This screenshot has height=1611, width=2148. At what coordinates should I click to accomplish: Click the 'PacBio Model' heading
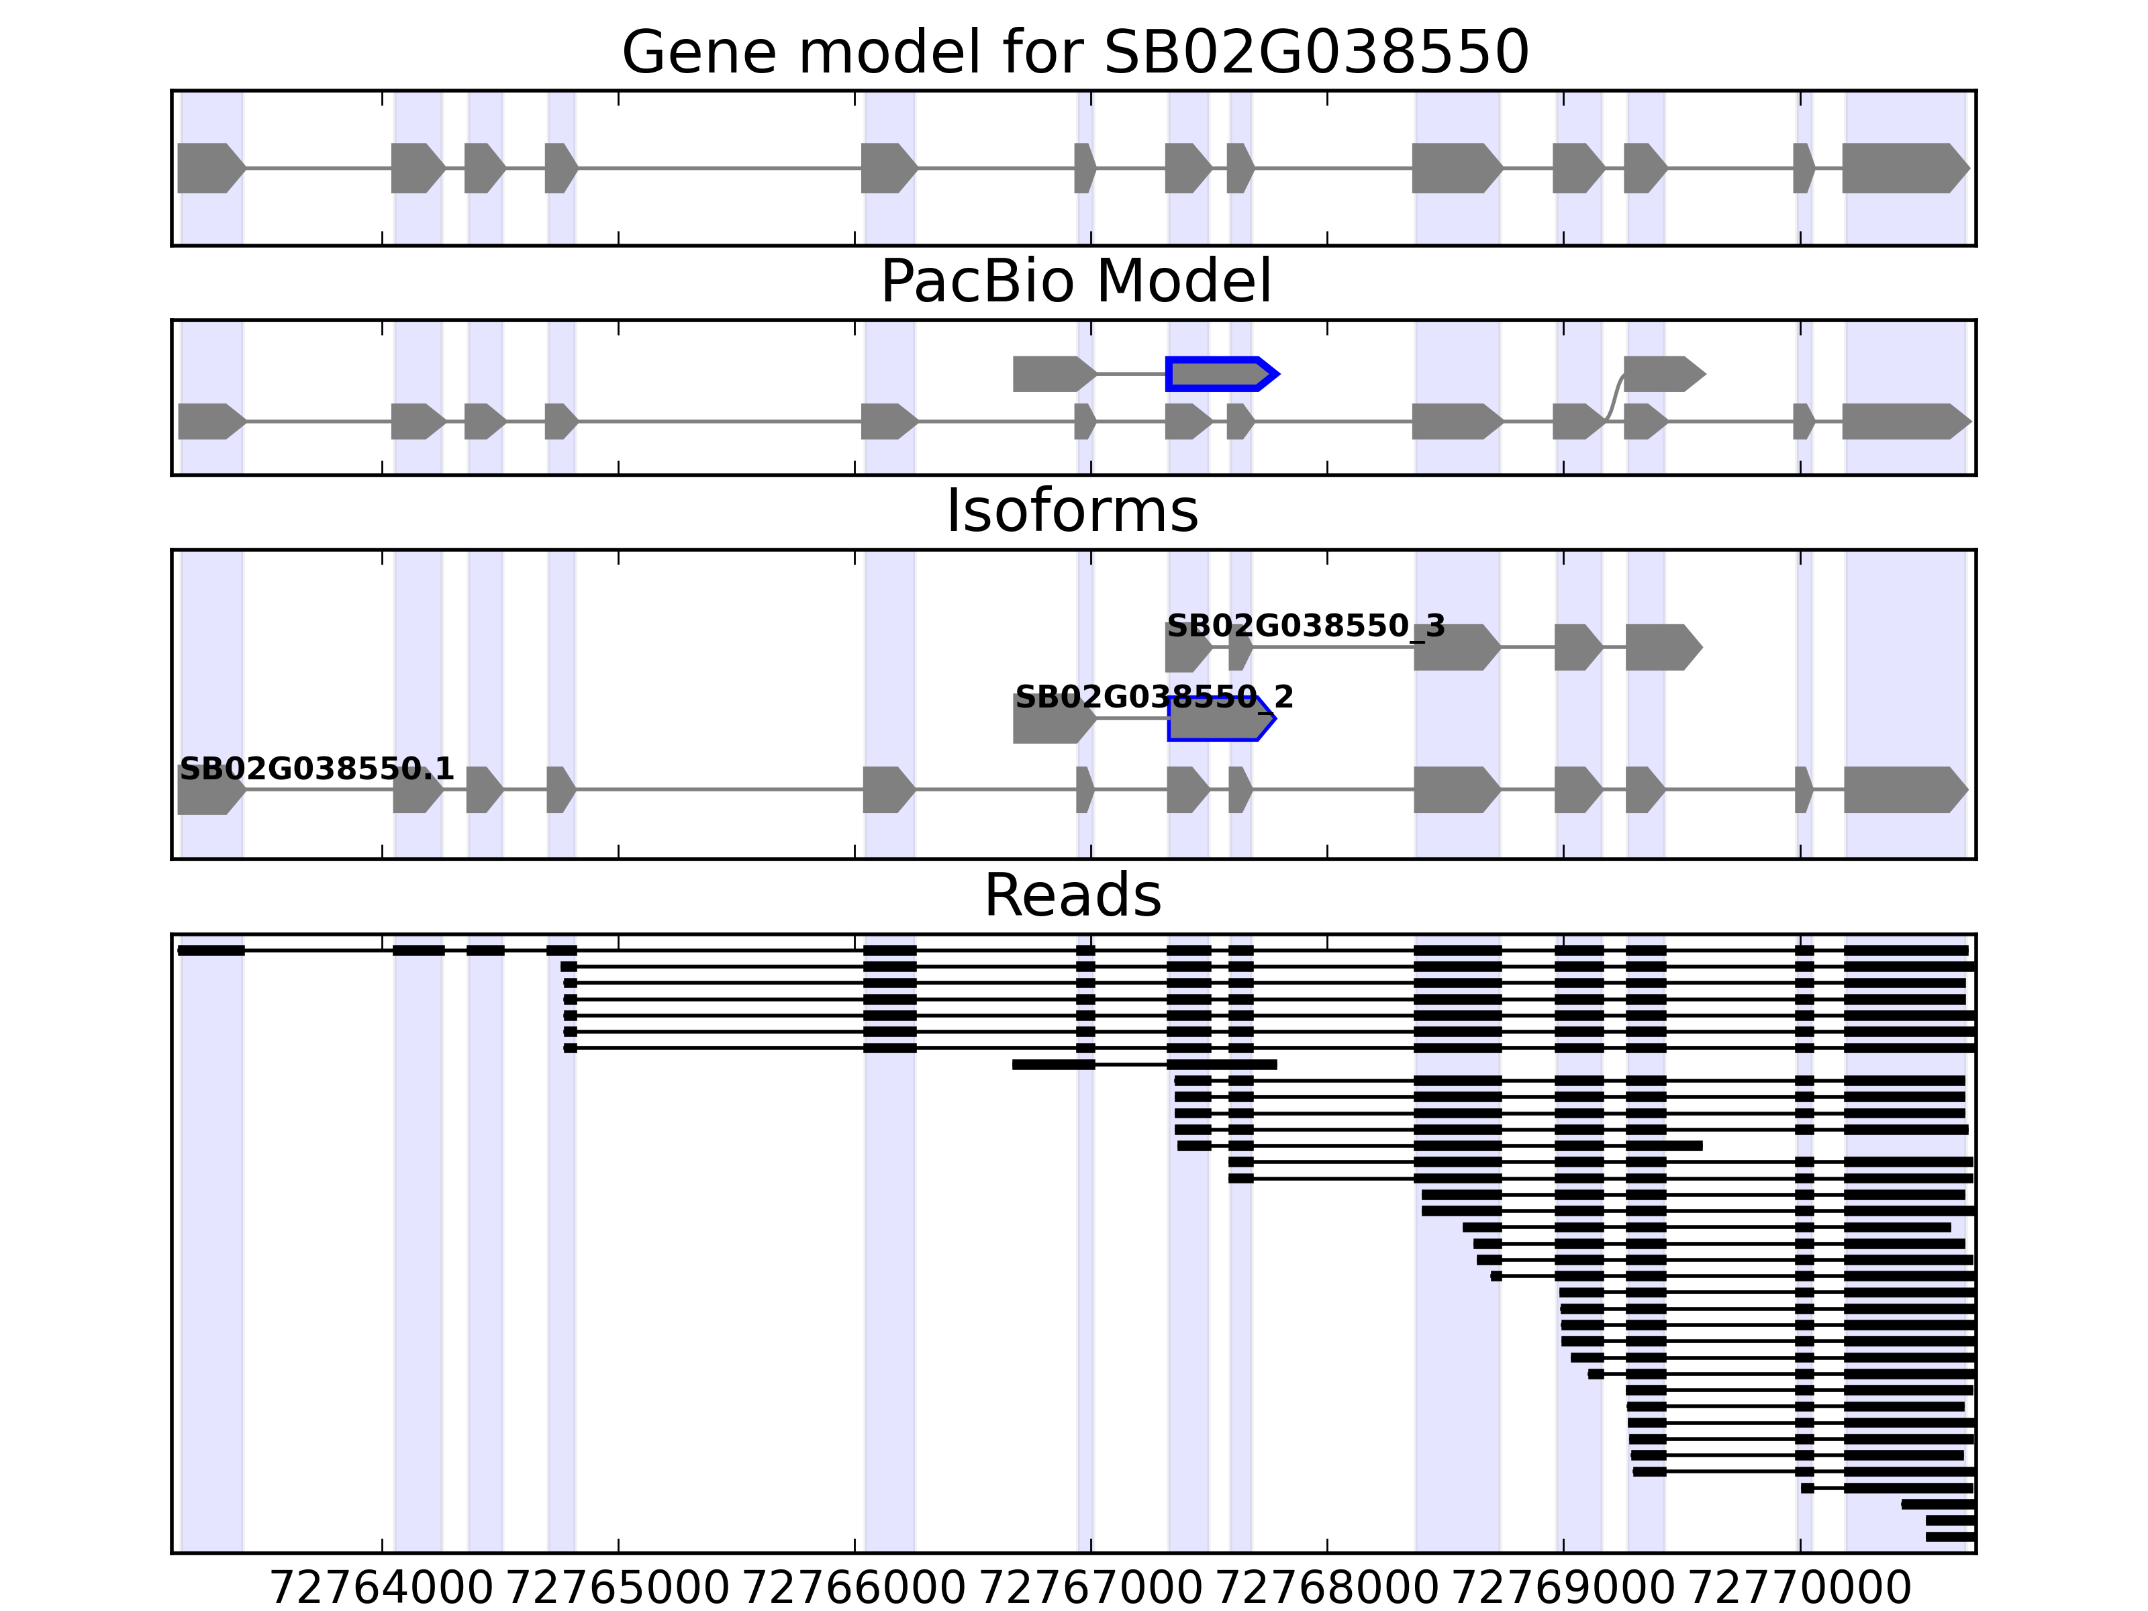(x=1075, y=282)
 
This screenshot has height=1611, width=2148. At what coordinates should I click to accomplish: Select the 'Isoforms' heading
(x=1072, y=511)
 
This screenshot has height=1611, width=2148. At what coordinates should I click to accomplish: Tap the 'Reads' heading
(x=1072, y=895)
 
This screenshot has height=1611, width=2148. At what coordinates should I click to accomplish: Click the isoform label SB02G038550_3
(x=1305, y=626)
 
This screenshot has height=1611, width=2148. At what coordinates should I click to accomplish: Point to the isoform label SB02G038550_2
(x=1154, y=697)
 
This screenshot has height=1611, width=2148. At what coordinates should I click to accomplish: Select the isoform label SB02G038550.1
(x=317, y=769)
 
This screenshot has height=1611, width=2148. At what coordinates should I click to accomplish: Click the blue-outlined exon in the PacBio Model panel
(x=1220, y=374)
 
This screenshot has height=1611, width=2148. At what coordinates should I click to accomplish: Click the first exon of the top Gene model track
(x=209, y=168)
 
